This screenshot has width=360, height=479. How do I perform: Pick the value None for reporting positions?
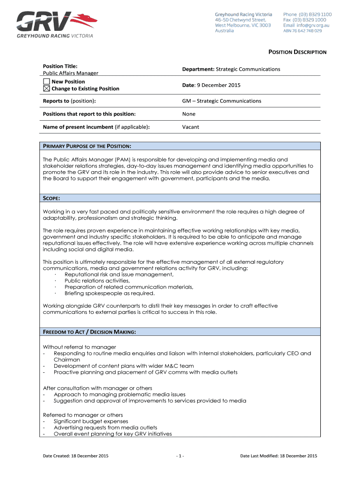(189, 114)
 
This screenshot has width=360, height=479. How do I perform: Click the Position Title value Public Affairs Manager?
(71, 73)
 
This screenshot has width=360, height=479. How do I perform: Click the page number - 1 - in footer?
(180, 456)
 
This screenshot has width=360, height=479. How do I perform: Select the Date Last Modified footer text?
(279, 456)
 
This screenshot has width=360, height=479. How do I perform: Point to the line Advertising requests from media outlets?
(105, 428)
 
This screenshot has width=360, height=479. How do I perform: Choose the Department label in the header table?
(198, 69)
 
